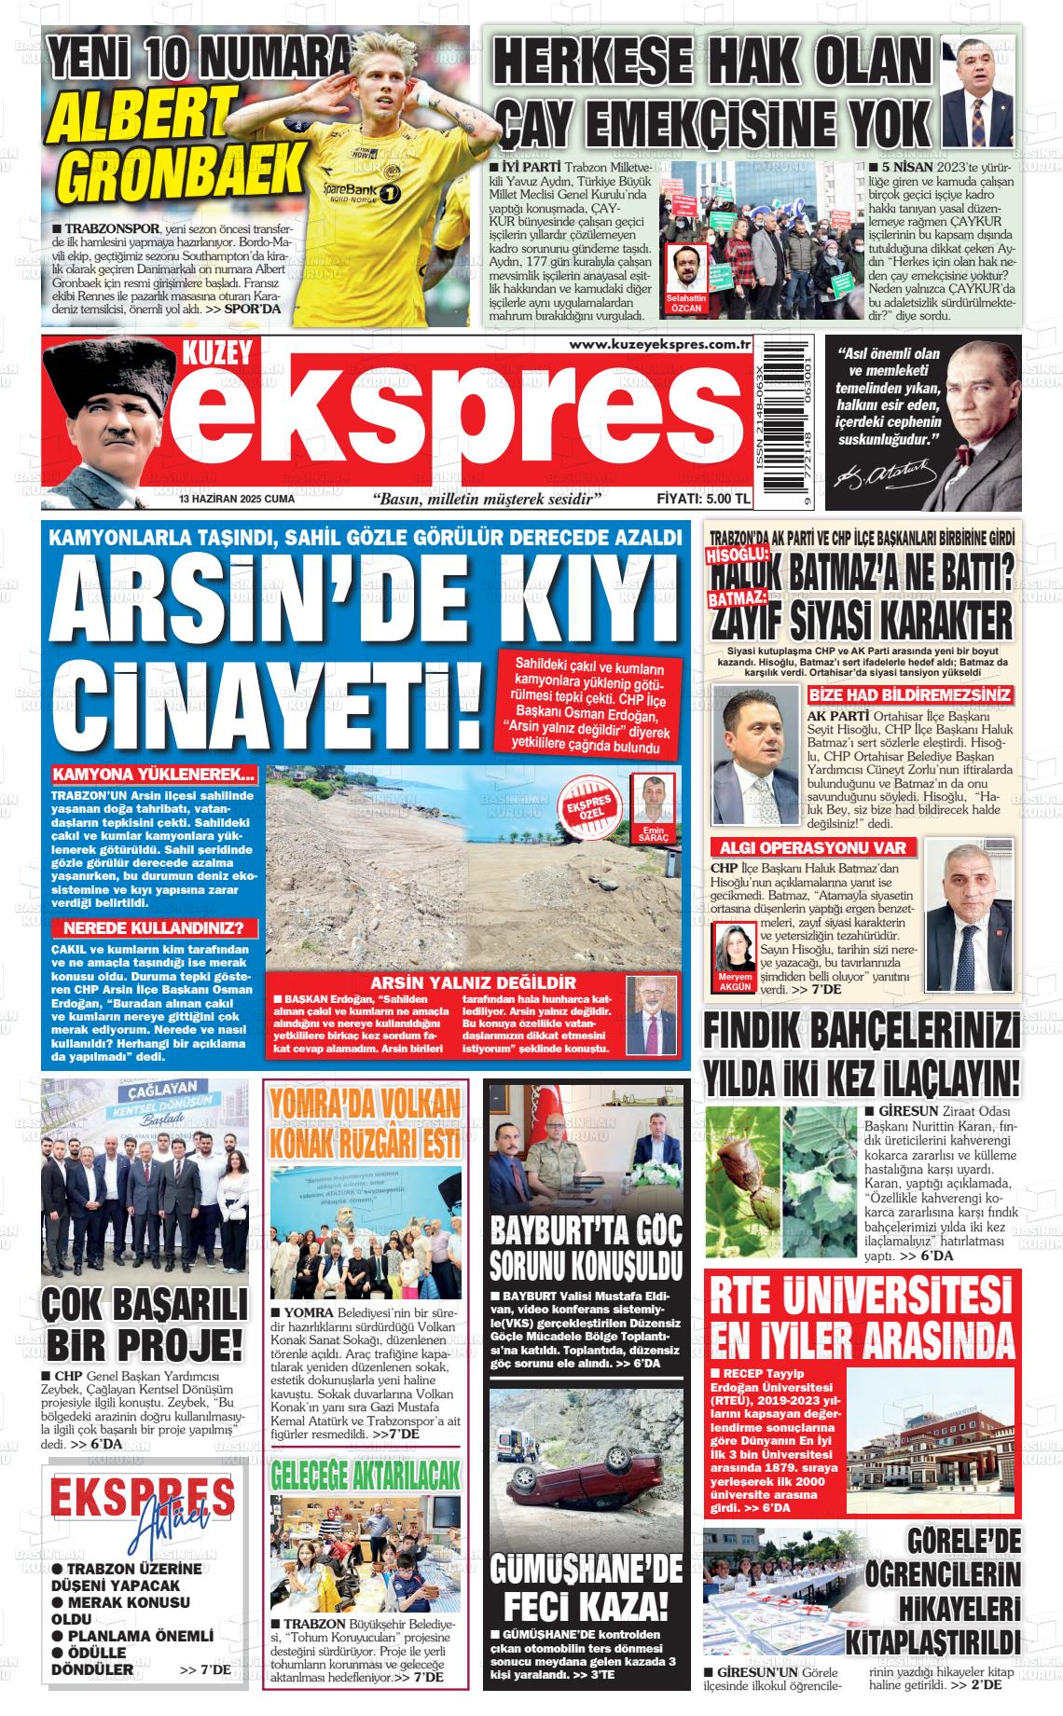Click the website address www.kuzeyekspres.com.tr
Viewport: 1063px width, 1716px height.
(x=659, y=346)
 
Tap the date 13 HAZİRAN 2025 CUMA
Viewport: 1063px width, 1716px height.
(x=237, y=500)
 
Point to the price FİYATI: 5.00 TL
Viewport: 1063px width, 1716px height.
(x=703, y=500)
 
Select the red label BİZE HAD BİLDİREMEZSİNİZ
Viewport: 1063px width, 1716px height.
(x=909, y=695)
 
